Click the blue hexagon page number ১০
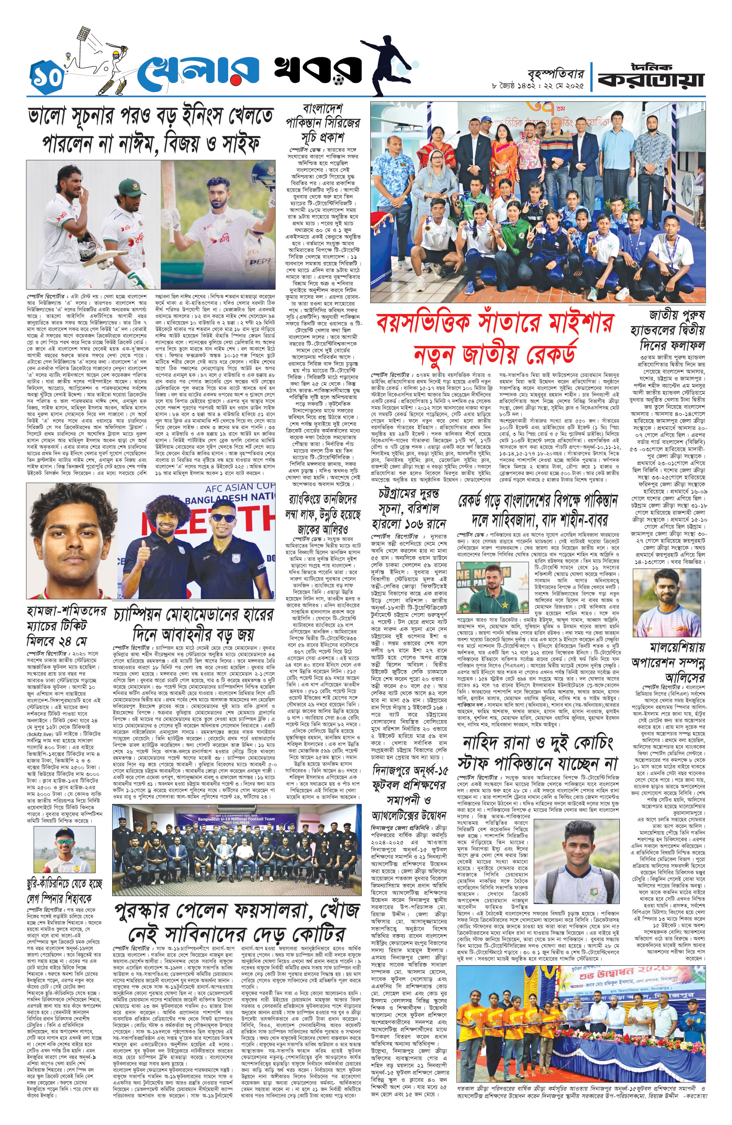(47, 77)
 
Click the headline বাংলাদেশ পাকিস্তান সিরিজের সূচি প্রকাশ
(322, 123)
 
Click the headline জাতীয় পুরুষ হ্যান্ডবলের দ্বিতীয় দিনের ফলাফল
(667, 330)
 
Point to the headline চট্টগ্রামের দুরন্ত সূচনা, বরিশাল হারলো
(409, 508)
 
